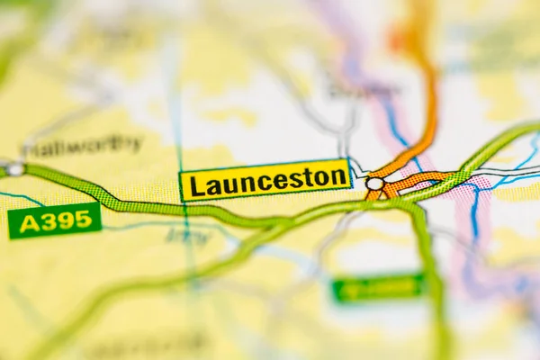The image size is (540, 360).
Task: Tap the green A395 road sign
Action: click(55, 220)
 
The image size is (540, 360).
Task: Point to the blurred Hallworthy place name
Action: click(83, 145)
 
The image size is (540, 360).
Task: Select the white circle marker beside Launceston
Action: click(374, 184)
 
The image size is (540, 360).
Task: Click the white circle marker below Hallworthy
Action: click(15, 169)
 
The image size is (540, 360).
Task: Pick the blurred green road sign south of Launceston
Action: click(377, 289)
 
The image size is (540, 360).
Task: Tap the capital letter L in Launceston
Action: click(195, 185)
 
